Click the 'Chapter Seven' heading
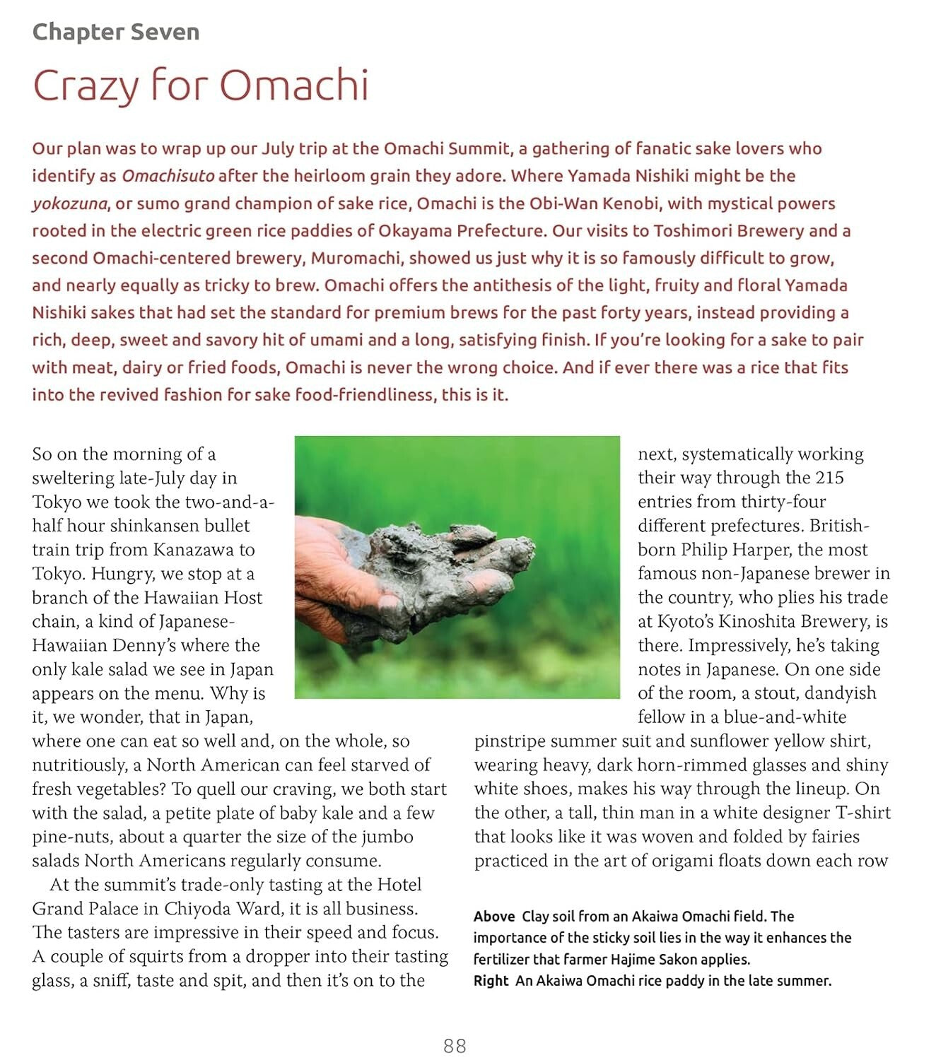116,32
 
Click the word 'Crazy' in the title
86,86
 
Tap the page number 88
455,1046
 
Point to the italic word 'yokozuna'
69,204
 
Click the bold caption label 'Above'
494,917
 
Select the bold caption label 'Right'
491,981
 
